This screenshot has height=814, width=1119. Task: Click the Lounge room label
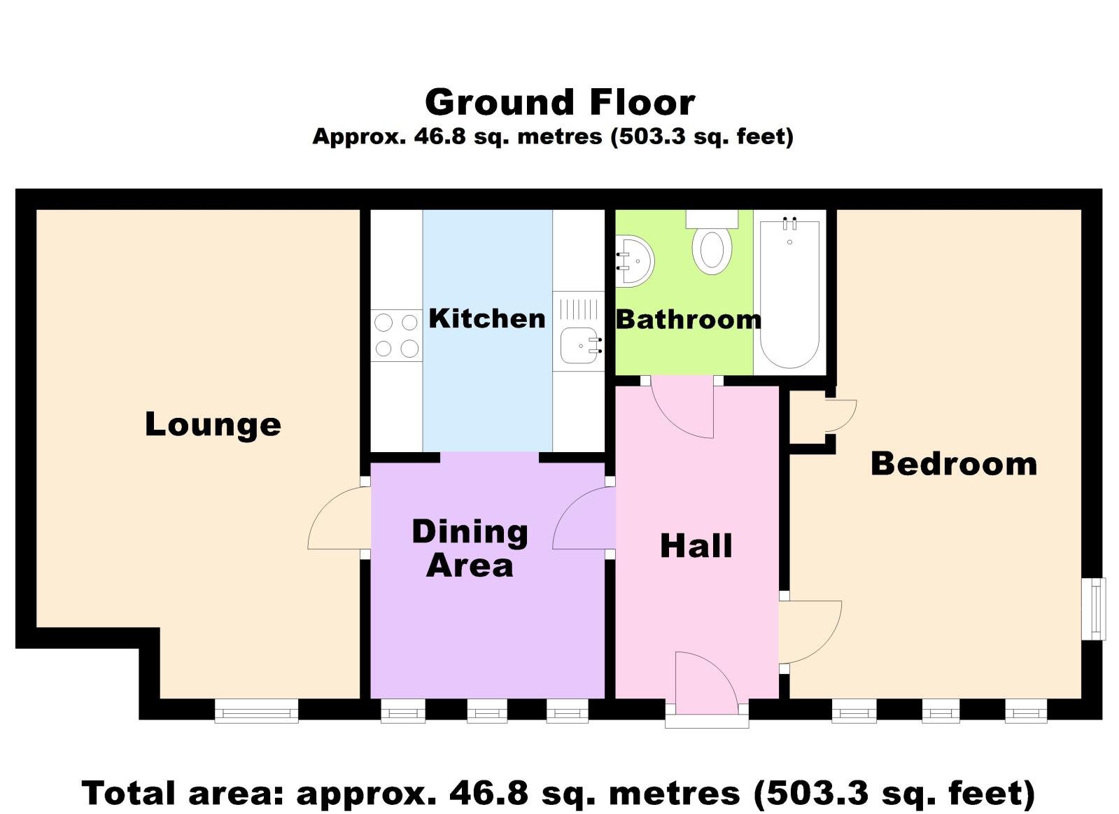point(213,424)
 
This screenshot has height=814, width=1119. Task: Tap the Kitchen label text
point(487,318)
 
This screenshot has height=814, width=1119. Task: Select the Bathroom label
point(688,320)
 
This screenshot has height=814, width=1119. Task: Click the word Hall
point(696,546)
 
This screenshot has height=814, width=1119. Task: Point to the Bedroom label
point(953,464)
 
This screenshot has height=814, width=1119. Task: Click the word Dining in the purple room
point(470,533)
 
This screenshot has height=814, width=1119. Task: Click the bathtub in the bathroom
point(789,294)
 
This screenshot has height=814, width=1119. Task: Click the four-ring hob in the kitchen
point(396,335)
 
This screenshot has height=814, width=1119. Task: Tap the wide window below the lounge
point(256,711)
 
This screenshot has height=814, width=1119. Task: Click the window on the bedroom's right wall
point(1094,608)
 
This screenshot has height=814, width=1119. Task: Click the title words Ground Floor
point(560,103)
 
